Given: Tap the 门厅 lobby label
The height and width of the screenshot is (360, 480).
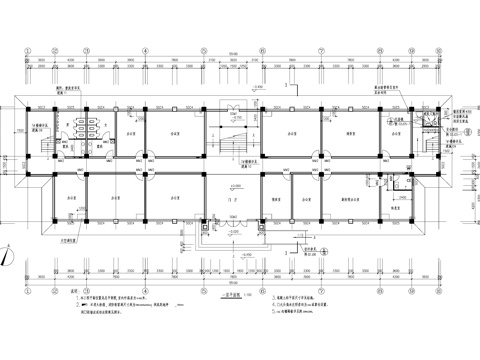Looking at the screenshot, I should (233, 200).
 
